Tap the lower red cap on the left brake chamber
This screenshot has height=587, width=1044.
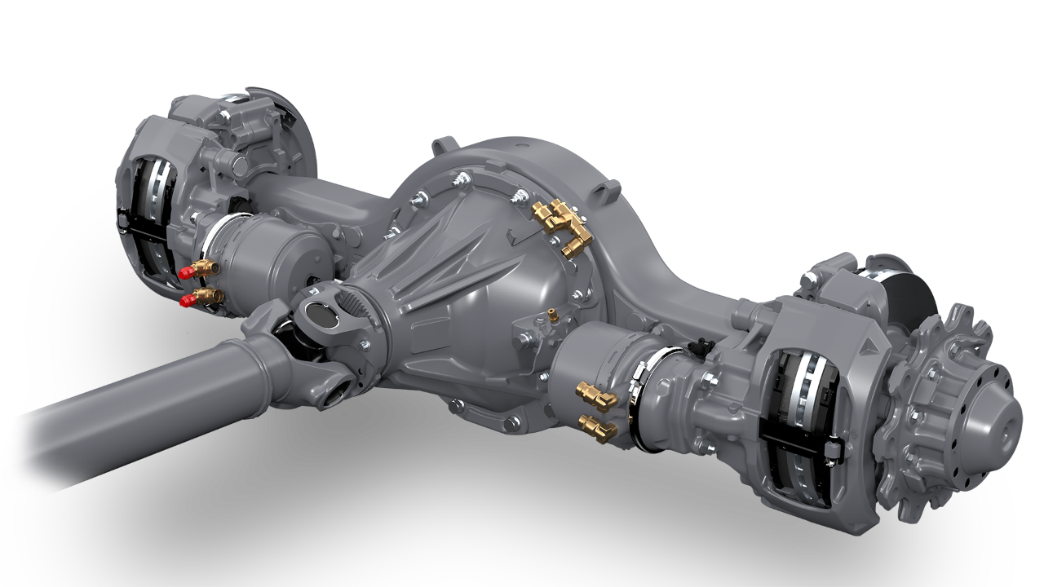[x=187, y=302]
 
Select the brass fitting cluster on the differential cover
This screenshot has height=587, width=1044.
[x=561, y=227]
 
